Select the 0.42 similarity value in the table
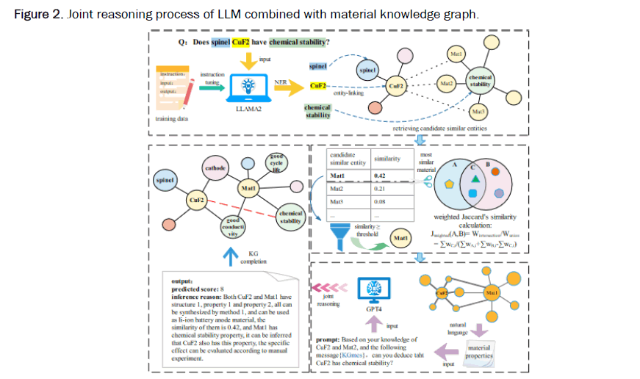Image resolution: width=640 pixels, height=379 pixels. (380, 176)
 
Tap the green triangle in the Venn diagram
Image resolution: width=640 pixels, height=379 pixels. (476, 178)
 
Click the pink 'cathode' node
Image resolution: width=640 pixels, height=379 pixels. (215, 168)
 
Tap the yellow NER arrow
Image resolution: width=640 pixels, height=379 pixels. (292, 87)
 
